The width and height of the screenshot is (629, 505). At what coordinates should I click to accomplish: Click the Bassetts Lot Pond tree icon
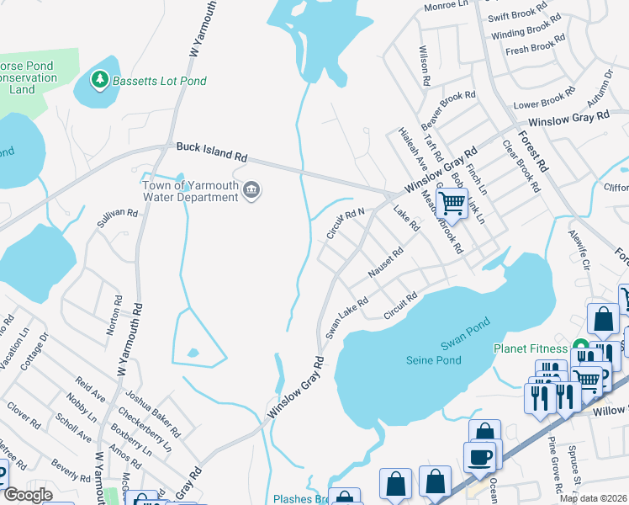click(x=100, y=80)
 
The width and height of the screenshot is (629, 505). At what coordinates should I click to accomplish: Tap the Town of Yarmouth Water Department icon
click(x=251, y=192)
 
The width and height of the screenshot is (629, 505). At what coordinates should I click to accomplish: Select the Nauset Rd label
click(x=386, y=263)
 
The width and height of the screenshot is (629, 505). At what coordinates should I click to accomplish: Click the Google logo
click(x=28, y=495)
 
